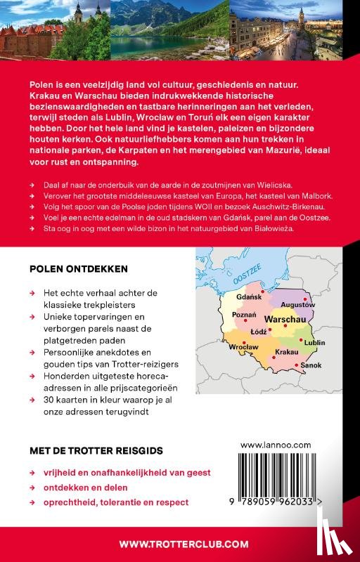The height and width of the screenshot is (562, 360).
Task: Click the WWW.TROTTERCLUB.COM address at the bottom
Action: [184, 543]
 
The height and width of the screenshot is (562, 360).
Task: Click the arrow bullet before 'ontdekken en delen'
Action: [33, 488]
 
